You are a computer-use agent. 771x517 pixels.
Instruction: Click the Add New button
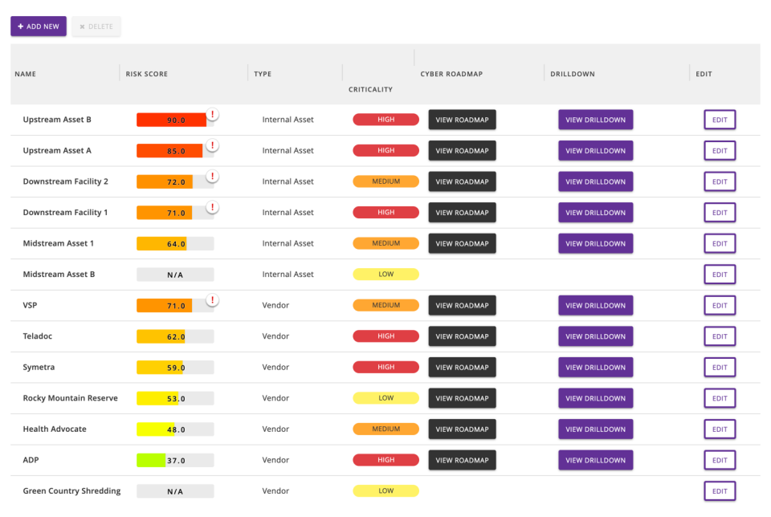point(39,26)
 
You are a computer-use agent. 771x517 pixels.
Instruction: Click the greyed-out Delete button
point(96,26)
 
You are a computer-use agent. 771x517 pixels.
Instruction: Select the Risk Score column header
point(147,74)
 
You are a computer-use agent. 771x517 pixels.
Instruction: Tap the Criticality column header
point(370,89)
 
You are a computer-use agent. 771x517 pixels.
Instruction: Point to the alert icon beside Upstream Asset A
point(212,145)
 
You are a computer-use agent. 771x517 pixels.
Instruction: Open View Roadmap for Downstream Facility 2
point(462,181)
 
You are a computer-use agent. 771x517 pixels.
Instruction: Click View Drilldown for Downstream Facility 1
point(595,213)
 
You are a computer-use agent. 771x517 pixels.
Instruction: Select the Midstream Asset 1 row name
point(59,243)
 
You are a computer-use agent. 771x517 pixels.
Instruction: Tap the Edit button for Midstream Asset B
point(720,275)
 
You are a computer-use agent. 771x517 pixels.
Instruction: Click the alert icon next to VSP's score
point(212,300)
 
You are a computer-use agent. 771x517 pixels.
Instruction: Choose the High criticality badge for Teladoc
point(385,336)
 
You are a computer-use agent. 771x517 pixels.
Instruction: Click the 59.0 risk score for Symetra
point(175,368)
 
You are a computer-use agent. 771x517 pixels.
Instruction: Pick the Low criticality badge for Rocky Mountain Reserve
point(385,398)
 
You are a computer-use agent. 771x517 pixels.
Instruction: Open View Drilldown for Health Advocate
point(595,429)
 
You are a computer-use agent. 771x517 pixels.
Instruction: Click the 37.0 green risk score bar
point(175,461)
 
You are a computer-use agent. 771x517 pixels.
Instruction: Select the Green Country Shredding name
point(71,491)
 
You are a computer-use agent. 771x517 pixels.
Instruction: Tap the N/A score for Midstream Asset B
point(175,275)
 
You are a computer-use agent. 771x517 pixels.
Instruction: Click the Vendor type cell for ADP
point(275,460)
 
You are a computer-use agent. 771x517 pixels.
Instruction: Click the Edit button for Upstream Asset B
point(720,120)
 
